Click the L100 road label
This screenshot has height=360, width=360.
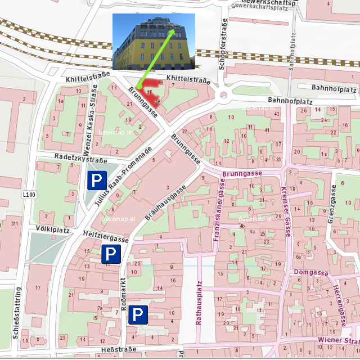click(29, 195)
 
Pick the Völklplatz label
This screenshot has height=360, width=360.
click(52, 229)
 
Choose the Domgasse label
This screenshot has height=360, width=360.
click(310, 272)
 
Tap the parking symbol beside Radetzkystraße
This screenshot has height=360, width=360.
click(97, 181)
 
